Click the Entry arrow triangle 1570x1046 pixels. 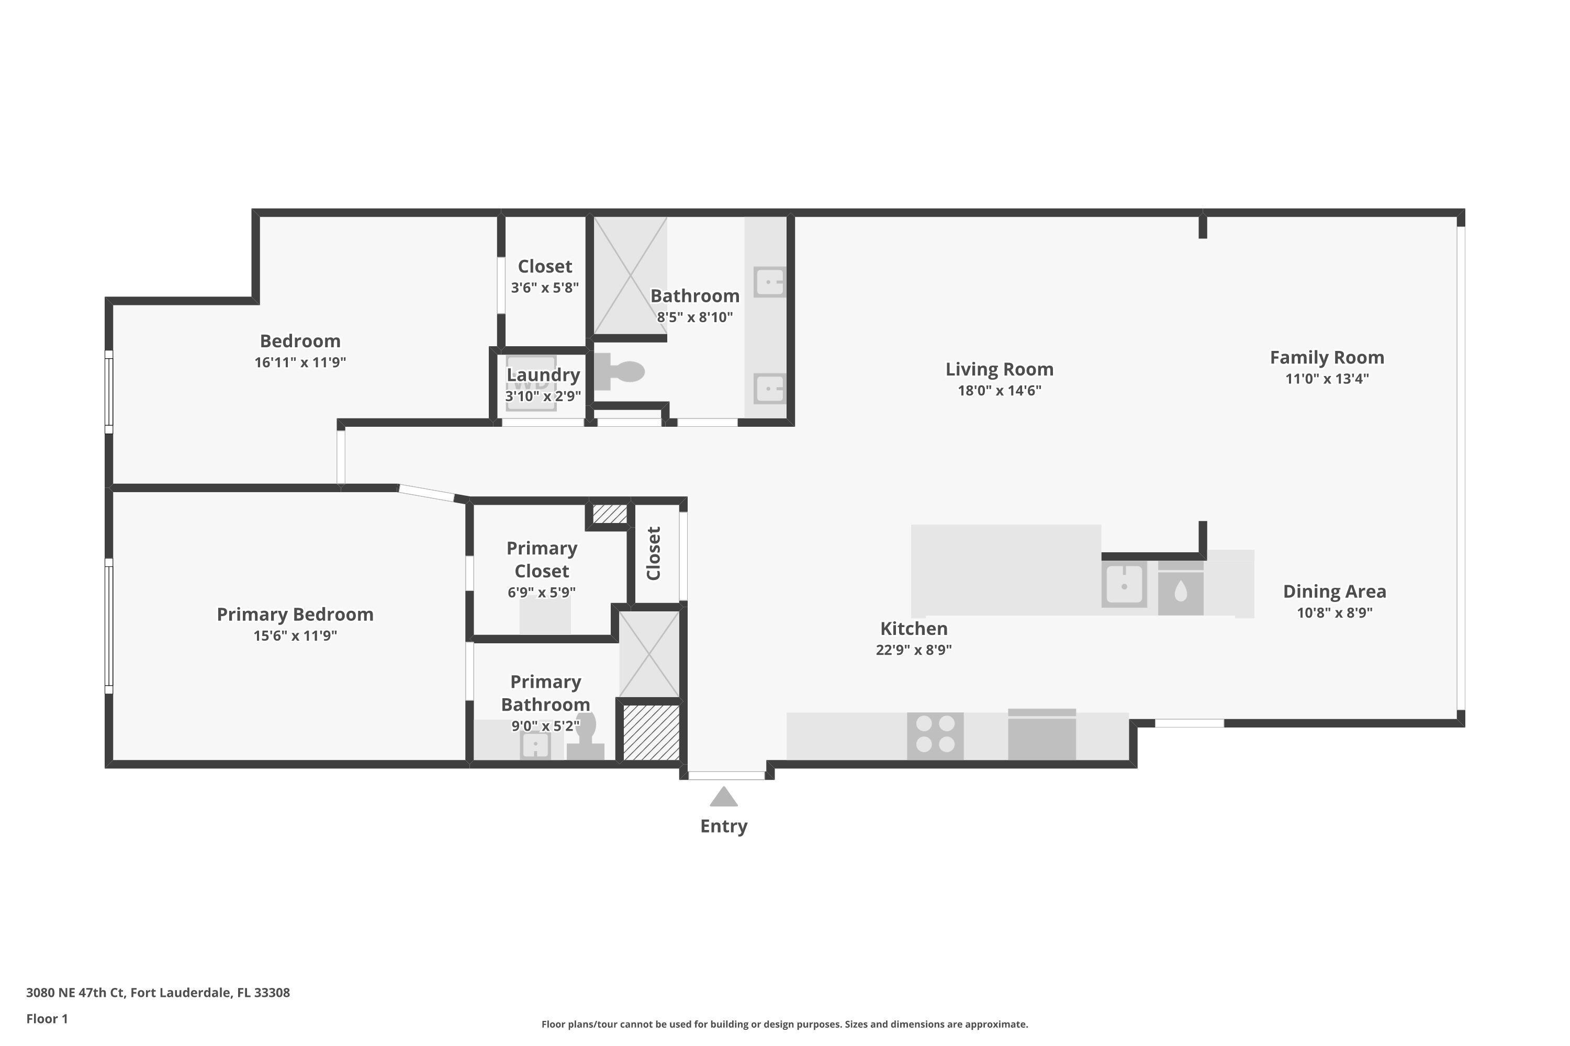(724, 797)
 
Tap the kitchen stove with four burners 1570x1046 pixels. (935, 736)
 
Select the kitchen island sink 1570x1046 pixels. (1124, 585)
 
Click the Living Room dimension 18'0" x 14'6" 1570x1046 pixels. (999, 391)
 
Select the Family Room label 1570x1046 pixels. (1326, 358)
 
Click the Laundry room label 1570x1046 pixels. (543, 375)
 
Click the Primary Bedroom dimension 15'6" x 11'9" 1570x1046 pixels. (295, 636)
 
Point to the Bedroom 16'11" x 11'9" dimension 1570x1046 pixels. (300, 363)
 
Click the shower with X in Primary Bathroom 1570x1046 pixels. (649, 654)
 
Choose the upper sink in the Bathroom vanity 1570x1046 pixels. (769, 281)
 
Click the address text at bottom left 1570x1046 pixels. (158, 992)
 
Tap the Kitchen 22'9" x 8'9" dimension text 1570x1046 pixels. (913, 650)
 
